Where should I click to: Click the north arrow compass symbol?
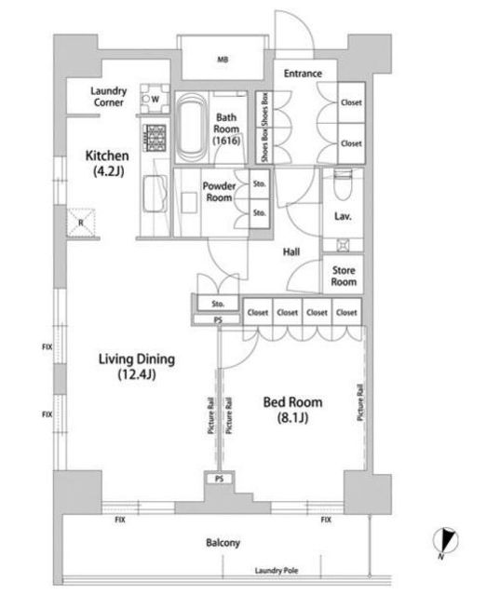[x=445, y=541]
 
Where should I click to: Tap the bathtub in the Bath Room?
[x=194, y=127]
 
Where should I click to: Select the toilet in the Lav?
[x=343, y=185]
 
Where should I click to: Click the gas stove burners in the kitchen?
[x=155, y=138]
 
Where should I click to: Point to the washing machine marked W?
[x=155, y=99]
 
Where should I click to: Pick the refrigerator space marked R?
[x=81, y=223]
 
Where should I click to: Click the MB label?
[x=223, y=60]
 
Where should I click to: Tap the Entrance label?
[x=303, y=74]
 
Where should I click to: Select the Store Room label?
[x=344, y=276]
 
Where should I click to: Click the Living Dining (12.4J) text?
[x=137, y=366]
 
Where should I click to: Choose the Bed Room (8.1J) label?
[x=292, y=410]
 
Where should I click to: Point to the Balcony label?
[x=223, y=542]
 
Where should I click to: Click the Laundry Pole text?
[x=277, y=570]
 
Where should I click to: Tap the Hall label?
[x=291, y=251]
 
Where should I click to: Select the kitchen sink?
[x=155, y=195]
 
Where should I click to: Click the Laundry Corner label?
[x=108, y=97]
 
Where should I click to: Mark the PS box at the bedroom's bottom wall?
[x=219, y=479]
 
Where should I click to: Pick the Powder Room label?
[x=219, y=192]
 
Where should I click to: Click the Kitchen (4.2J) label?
[x=107, y=163]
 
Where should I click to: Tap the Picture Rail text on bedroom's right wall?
[x=360, y=402]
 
